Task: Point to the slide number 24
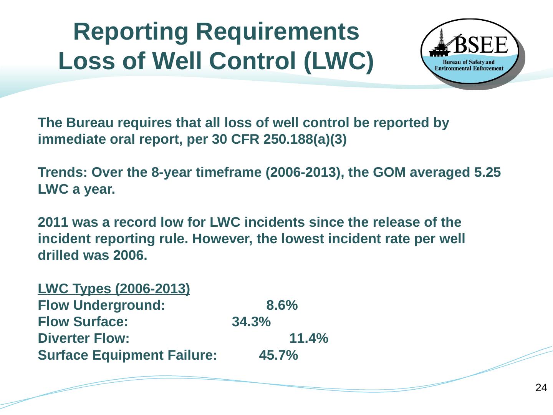541,388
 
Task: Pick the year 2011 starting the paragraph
53,222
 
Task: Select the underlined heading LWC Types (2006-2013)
114,288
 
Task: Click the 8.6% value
282,305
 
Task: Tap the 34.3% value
251,322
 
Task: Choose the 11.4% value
308,339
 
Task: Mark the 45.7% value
278,355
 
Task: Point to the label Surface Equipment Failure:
127,355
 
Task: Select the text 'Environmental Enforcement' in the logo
469,68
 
